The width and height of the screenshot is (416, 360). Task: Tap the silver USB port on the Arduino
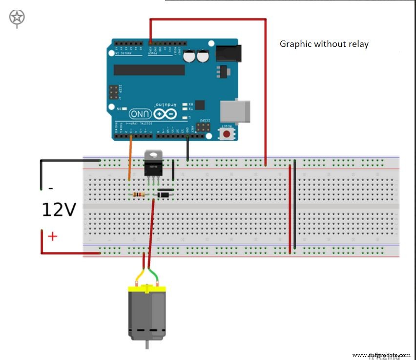click(234, 112)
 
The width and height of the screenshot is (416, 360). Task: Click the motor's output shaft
click(147, 344)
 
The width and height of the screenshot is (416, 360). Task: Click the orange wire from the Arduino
click(130, 159)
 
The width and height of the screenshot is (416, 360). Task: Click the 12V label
click(59, 210)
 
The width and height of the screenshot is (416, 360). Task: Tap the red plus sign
click(52, 236)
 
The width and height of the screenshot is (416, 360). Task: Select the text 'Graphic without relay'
click(324, 44)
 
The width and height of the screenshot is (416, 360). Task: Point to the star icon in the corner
click(17, 18)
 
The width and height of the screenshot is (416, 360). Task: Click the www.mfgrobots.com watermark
click(381, 355)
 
